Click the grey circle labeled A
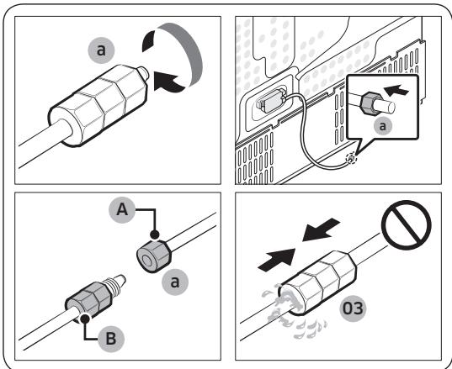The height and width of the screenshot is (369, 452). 122,210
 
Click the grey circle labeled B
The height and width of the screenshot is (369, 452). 111,339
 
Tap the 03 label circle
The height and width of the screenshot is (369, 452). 353,308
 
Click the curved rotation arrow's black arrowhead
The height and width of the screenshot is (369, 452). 168,82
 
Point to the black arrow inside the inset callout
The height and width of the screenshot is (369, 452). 396,90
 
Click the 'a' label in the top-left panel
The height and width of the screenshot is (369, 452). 101,50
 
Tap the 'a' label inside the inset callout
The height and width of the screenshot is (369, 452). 382,126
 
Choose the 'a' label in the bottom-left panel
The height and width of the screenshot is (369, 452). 175,282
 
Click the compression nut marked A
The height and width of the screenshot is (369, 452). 153,256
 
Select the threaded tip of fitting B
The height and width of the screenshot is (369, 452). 116,282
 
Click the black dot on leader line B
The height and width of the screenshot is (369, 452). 85,319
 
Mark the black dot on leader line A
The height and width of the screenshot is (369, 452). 155,235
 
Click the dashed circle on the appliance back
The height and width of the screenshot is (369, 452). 351,159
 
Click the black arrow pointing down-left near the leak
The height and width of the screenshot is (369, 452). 322,229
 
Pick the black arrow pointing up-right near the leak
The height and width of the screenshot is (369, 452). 277,260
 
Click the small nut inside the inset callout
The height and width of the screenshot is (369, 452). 368,103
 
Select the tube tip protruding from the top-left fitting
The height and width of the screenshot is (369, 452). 143,73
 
